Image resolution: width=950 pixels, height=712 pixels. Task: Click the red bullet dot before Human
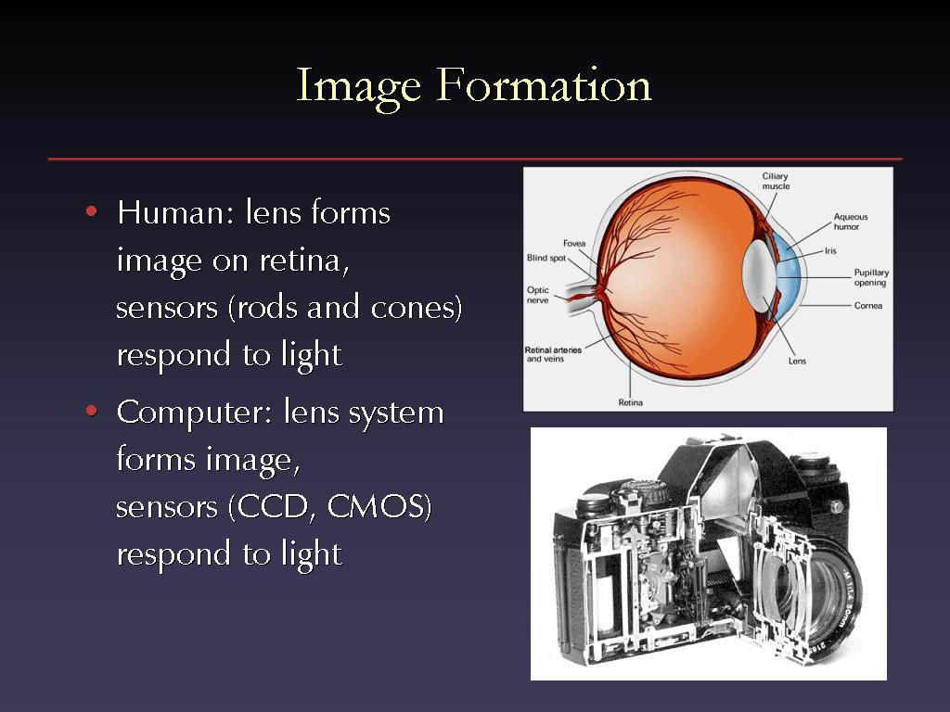[x=92, y=211]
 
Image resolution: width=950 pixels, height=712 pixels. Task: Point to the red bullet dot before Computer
[x=92, y=411]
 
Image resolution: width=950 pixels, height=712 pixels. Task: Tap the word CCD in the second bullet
[x=272, y=507]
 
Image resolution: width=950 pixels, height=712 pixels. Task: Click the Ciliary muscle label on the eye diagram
[x=776, y=181]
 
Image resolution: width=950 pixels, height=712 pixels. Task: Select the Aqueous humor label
[x=850, y=222]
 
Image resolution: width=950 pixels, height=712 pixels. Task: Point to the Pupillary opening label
[x=871, y=278]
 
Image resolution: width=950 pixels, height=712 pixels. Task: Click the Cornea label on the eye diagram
[x=868, y=306]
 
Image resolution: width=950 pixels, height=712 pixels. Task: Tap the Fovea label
[x=574, y=244]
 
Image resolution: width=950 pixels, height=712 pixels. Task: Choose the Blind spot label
[x=546, y=258]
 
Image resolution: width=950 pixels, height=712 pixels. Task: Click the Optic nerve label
[x=537, y=295]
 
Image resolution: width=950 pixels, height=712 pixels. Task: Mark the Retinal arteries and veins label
[x=553, y=354]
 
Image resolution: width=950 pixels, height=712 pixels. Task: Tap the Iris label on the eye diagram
[x=830, y=250]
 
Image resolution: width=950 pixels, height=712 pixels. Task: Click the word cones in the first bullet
[x=411, y=309]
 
